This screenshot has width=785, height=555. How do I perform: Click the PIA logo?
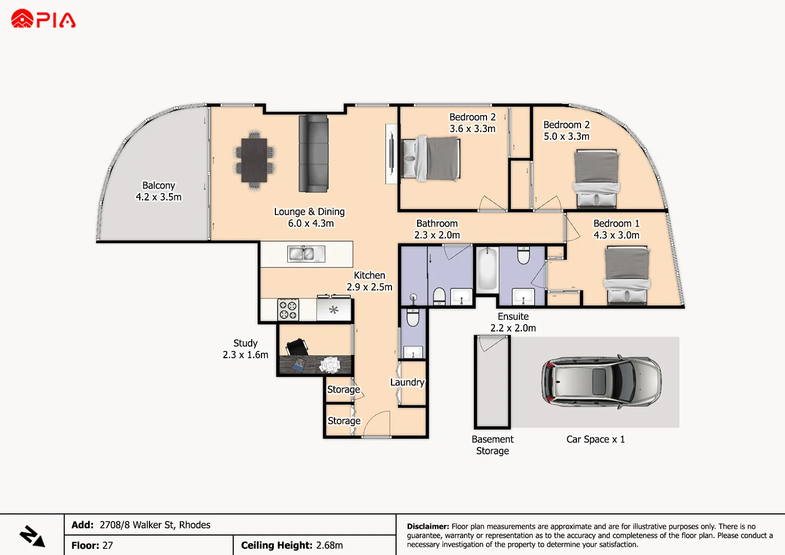[x=43, y=20]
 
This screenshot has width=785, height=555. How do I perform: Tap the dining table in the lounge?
[x=254, y=160]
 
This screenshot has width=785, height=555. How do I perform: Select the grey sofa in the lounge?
[x=313, y=153]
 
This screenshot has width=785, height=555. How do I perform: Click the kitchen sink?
[x=306, y=253]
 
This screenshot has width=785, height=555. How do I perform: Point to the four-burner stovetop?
[x=288, y=310]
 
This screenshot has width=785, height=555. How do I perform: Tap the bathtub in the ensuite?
[x=487, y=269]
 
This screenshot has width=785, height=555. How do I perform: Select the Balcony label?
[x=159, y=186]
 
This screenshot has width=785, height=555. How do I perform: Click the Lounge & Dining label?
[x=309, y=212]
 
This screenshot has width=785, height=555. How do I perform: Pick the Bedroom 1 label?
[x=616, y=224]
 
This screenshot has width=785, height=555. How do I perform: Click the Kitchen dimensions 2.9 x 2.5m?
[x=369, y=287]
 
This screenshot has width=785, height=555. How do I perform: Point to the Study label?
[x=245, y=343]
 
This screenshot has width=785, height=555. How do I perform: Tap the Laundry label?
[x=407, y=382]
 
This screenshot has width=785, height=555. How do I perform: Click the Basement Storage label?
[x=492, y=445]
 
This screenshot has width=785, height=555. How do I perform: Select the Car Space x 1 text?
[x=595, y=439]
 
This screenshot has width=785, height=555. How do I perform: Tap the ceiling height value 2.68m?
[x=329, y=545]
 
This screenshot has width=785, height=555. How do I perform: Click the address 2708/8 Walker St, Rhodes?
[x=155, y=525]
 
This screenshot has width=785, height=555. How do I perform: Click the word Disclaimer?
[x=427, y=526]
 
